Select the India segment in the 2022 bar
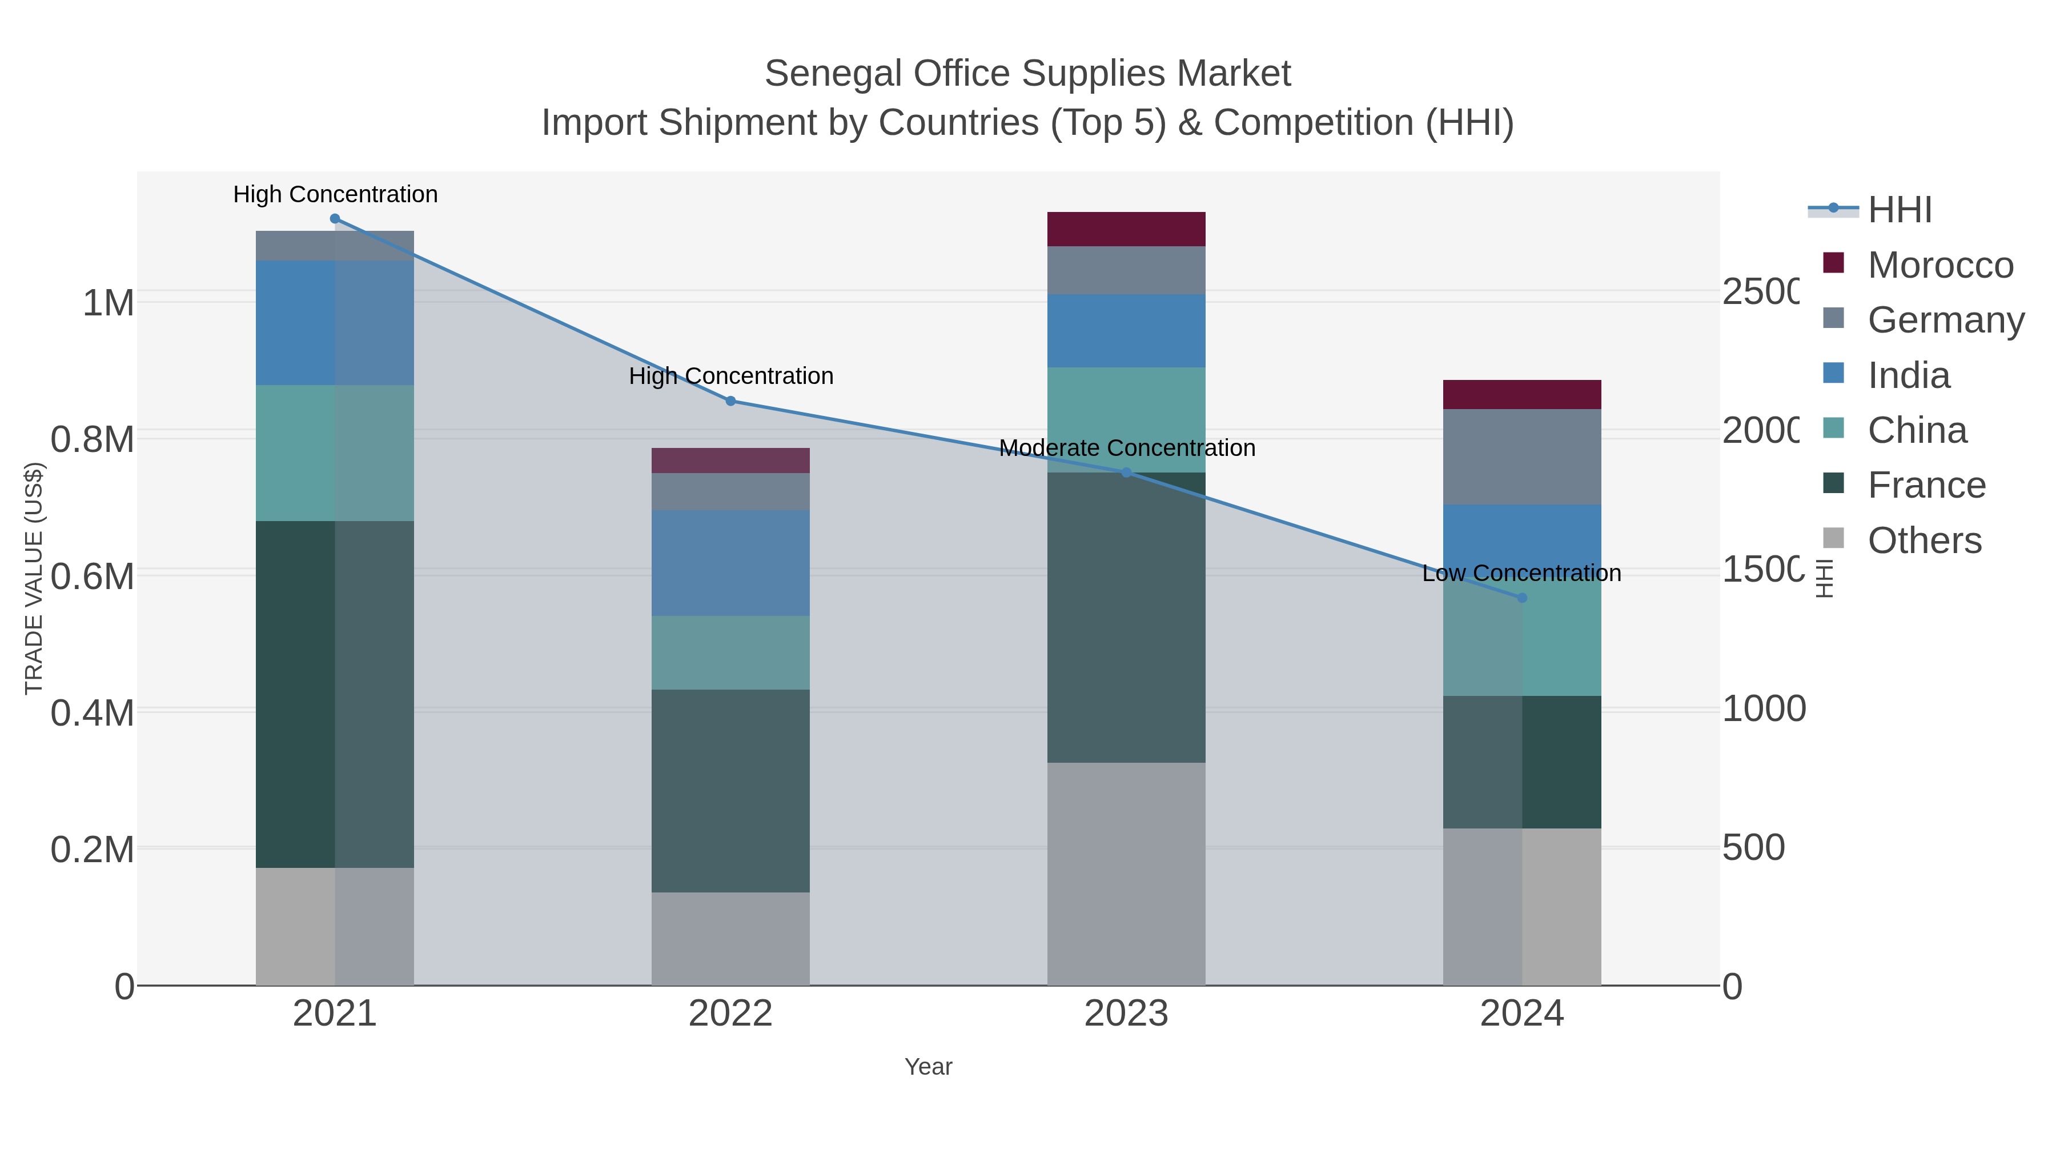pyautogui.click(x=730, y=563)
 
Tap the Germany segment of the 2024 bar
pyautogui.click(x=1521, y=457)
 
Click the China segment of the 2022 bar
pyautogui.click(x=730, y=652)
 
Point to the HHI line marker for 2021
pyautogui.click(x=335, y=219)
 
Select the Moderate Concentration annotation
pyautogui.click(x=1126, y=448)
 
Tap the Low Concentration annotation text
pyautogui.click(x=1521, y=573)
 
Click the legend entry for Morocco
pyautogui.click(x=1939, y=265)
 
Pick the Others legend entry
pyautogui.click(x=1924, y=541)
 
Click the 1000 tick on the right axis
pyautogui.click(x=1763, y=709)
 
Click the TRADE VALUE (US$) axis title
pyautogui.click(x=34, y=578)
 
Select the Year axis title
pyautogui.click(x=927, y=1067)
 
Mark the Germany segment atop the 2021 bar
pyautogui.click(x=335, y=246)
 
